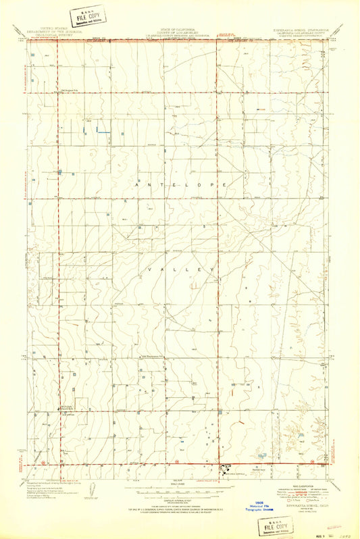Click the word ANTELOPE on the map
coord(180,184)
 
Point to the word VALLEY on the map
coord(180,269)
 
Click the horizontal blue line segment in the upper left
coord(103,131)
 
